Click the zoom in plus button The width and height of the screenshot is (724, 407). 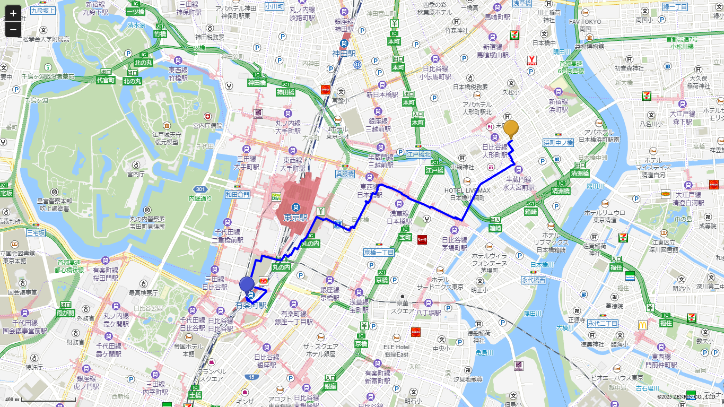tap(13, 13)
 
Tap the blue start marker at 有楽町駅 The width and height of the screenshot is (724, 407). tap(247, 284)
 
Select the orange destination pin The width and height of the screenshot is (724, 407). tap(511, 128)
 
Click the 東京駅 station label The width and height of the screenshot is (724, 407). tap(295, 218)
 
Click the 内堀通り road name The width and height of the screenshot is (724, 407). tap(200, 198)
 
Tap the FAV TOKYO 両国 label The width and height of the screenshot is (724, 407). tap(585, 25)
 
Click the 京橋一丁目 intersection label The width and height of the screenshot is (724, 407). tap(379, 252)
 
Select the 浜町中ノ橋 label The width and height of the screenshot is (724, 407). tap(558, 143)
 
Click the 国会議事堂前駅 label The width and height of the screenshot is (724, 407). tap(24, 330)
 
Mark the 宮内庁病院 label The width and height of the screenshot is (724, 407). tap(207, 126)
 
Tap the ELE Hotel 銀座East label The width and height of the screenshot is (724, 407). tap(396, 350)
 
